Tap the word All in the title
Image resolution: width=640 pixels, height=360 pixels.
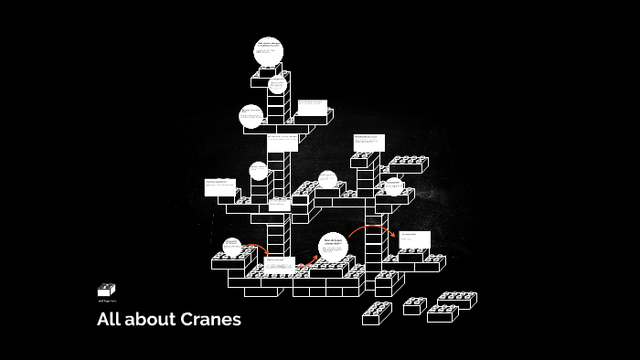coord(109,320)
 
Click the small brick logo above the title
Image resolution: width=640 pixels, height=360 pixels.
coord(106,290)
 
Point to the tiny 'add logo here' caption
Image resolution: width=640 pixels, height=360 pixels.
coord(106,301)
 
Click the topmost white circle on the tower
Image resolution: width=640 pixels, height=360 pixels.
coord(269,50)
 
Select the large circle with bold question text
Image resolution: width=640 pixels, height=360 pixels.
coord(334,246)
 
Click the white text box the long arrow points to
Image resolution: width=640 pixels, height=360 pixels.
coord(413,240)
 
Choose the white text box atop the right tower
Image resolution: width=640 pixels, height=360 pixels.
coord(369,143)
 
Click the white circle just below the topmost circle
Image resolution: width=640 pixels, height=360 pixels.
coord(277,84)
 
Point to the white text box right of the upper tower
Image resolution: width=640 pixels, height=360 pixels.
coord(313,107)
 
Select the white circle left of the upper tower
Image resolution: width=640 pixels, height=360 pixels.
coord(251,116)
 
